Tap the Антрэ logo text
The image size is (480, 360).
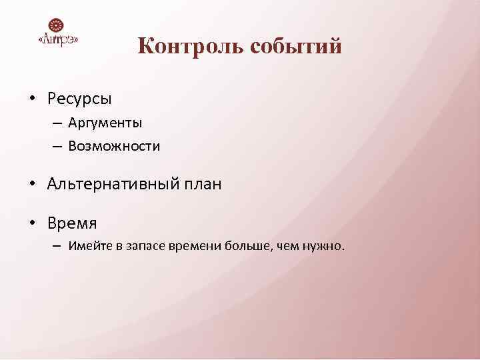coord(59,39)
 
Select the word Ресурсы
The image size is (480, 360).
coord(79,99)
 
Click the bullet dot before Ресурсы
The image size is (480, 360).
coord(31,99)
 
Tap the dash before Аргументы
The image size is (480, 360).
coord(57,123)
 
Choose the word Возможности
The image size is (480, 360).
coord(113,145)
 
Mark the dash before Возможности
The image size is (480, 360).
coord(57,145)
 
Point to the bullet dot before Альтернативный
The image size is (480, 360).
coord(31,184)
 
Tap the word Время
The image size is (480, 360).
coord(72,222)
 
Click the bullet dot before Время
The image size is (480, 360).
coord(31,222)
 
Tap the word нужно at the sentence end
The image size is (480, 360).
coord(324,246)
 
